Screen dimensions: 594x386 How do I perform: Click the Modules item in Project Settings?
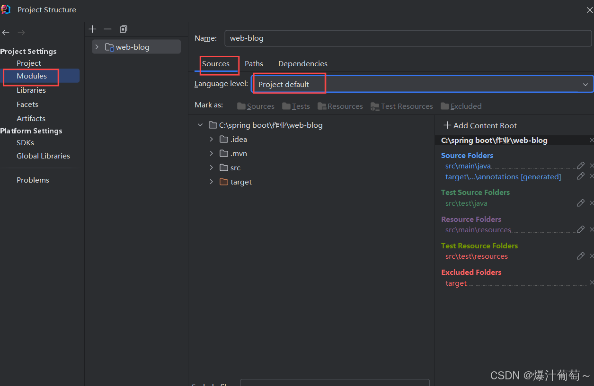[x=32, y=76]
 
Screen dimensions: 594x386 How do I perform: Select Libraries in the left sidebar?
[x=31, y=90]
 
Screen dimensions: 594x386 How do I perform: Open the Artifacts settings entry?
[x=31, y=119]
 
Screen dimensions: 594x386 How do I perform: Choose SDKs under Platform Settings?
[x=25, y=143]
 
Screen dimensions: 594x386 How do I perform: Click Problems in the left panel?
[x=33, y=180]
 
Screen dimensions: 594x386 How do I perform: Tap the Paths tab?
[x=254, y=64]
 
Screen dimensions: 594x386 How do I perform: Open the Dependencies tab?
[x=302, y=64]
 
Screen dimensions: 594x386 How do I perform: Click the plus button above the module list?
[x=92, y=29]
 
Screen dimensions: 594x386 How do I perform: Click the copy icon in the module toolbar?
[x=124, y=29]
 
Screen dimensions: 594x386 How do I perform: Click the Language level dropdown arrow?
[x=585, y=85]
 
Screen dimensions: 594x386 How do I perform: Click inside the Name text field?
[x=408, y=38]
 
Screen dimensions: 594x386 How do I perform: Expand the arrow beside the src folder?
[x=211, y=167]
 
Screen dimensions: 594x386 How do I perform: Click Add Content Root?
[x=480, y=125]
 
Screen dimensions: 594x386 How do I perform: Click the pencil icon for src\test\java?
[x=580, y=203]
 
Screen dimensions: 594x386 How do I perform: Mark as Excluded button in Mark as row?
[x=461, y=106]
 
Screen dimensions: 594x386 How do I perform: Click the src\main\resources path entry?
[x=478, y=229]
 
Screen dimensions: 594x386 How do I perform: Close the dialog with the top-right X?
[x=589, y=10]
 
